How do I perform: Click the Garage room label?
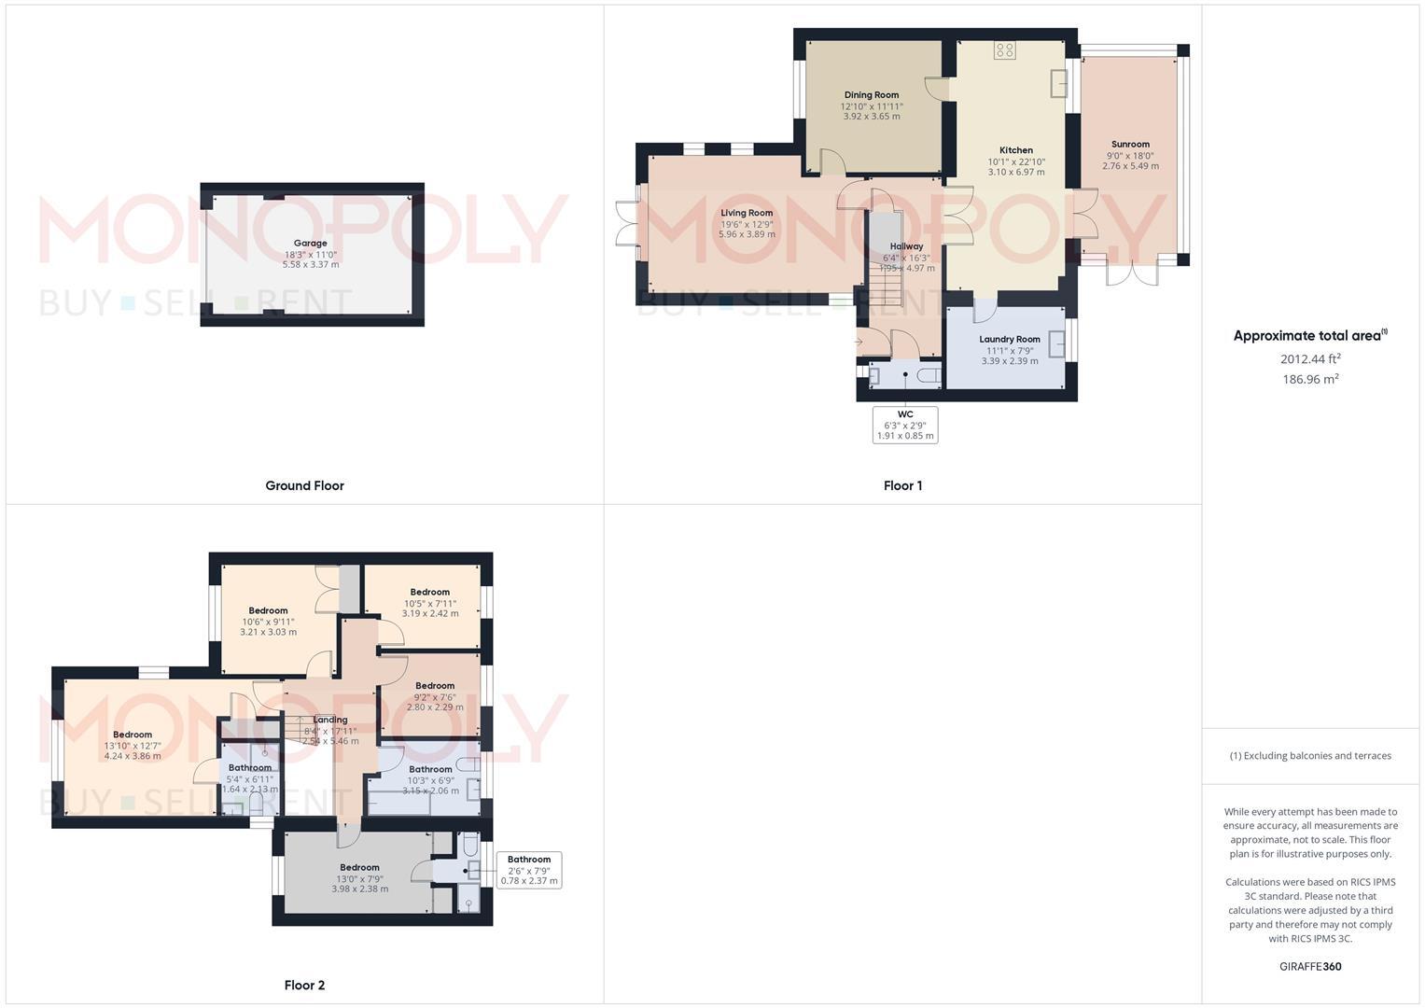(x=311, y=243)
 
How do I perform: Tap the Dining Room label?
(x=872, y=95)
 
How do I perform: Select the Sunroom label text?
(x=1130, y=145)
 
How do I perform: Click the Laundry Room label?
(x=1010, y=340)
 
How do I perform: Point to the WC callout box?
(x=905, y=425)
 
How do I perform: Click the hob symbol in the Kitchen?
(x=1005, y=49)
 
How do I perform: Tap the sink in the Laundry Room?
(x=1057, y=344)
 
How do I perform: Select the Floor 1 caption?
(x=902, y=485)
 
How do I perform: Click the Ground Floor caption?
(x=304, y=485)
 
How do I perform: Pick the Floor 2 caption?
(x=304, y=985)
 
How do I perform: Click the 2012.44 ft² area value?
(x=1311, y=358)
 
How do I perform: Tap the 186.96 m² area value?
(x=1311, y=379)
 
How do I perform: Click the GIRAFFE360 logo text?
(x=1310, y=967)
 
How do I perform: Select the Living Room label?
(x=747, y=214)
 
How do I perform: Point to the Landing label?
(x=330, y=720)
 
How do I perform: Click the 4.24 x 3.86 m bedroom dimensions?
(x=133, y=756)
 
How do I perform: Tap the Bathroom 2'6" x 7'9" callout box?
(x=529, y=870)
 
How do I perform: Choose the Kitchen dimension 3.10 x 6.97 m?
(x=1016, y=173)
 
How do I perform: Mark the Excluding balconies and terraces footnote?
(x=1310, y=756)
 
